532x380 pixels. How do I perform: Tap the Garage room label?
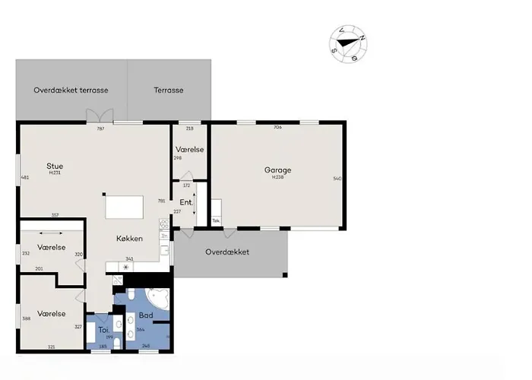[x=277, y=170]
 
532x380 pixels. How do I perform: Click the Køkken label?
[x=129, y=238]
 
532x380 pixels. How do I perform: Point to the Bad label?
[x=146, y=314]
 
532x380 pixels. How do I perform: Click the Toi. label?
[x=103, y=330]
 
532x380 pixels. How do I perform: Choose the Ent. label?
[x=185, y=202]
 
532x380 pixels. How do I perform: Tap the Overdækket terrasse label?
[x=71, y=90]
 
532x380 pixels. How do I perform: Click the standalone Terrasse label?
[x=169, y=90]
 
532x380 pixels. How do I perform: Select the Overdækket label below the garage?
[x=227, y=252]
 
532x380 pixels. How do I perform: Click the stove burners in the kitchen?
[x=163, y=225]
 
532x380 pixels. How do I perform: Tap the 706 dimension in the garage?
[x=277, y=128]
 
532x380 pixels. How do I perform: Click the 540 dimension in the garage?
[x=337, y=179]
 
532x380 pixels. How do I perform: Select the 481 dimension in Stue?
[x=25, y=178]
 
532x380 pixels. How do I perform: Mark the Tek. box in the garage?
[x=216, y=221]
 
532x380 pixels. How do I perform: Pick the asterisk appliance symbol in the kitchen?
[x=126, y=268]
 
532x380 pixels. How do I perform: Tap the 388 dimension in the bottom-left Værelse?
[x=27, y=318]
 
